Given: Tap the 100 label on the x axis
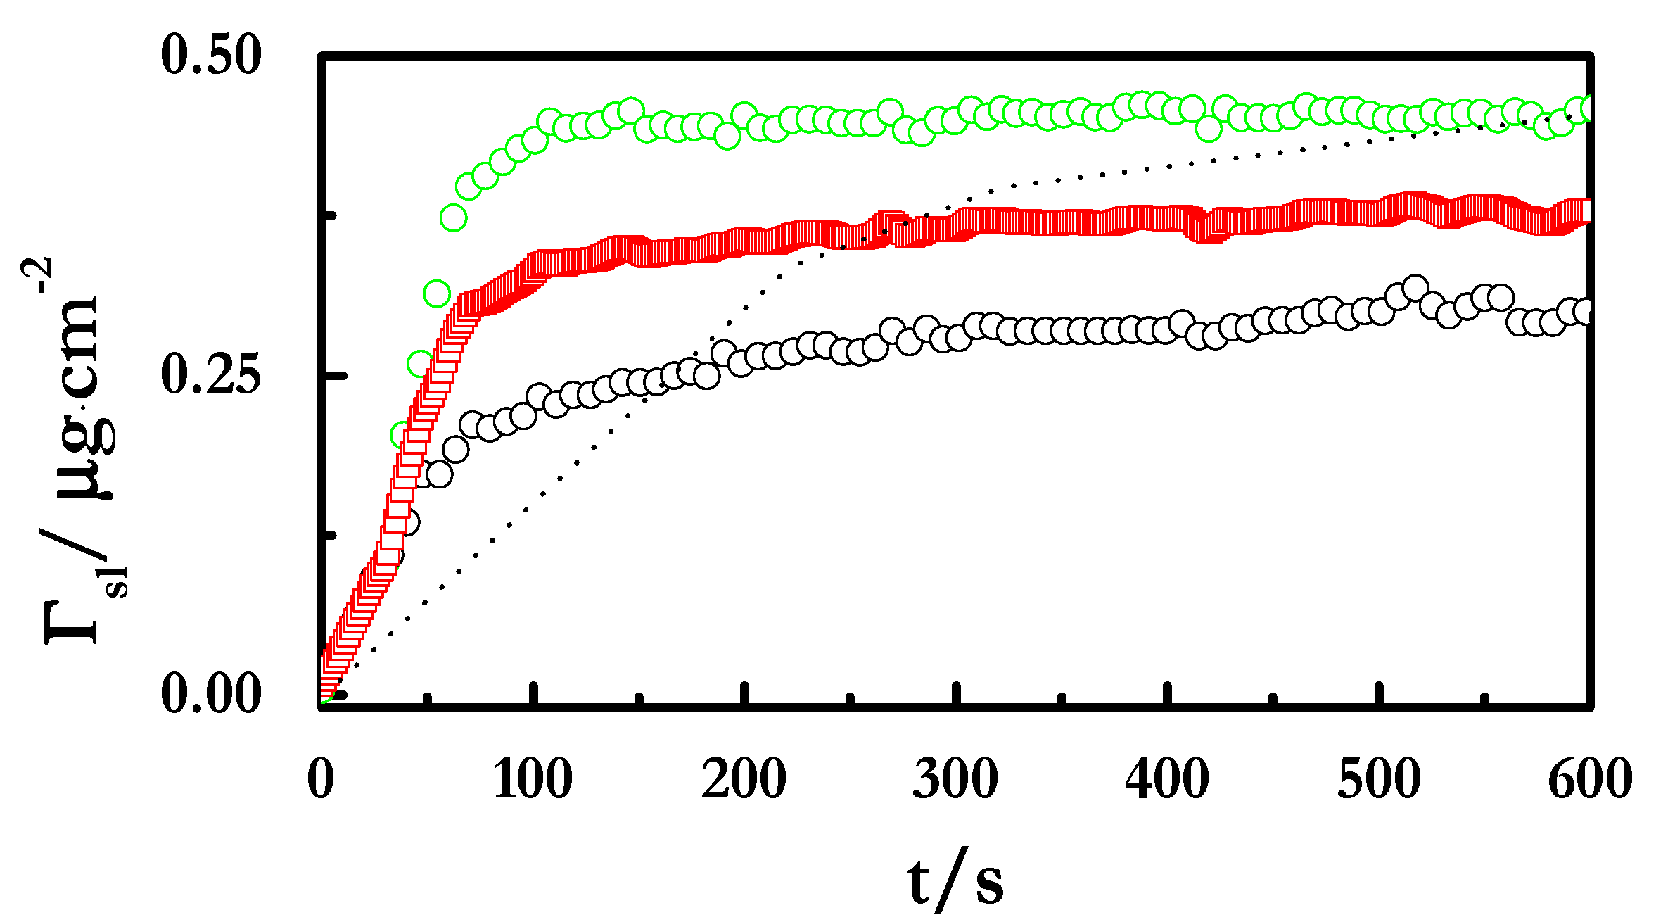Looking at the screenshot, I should click(x=533, y=779).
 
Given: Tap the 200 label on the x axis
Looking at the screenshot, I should click(x=744, y=779).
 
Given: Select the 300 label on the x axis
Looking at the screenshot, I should click(x=955, y=779).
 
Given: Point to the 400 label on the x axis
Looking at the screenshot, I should click(x=1167, y=779).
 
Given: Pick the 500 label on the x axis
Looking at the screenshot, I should click(x=1379, y=779).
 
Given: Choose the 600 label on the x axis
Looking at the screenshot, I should click(x=1590, y=779).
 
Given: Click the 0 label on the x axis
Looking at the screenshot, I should click(x=321, y=779).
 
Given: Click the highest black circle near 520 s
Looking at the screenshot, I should click(x=1415, y=288).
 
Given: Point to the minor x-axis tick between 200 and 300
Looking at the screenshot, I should click(x=850, y=698).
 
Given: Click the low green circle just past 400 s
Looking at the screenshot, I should click(x=1209, y=129).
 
